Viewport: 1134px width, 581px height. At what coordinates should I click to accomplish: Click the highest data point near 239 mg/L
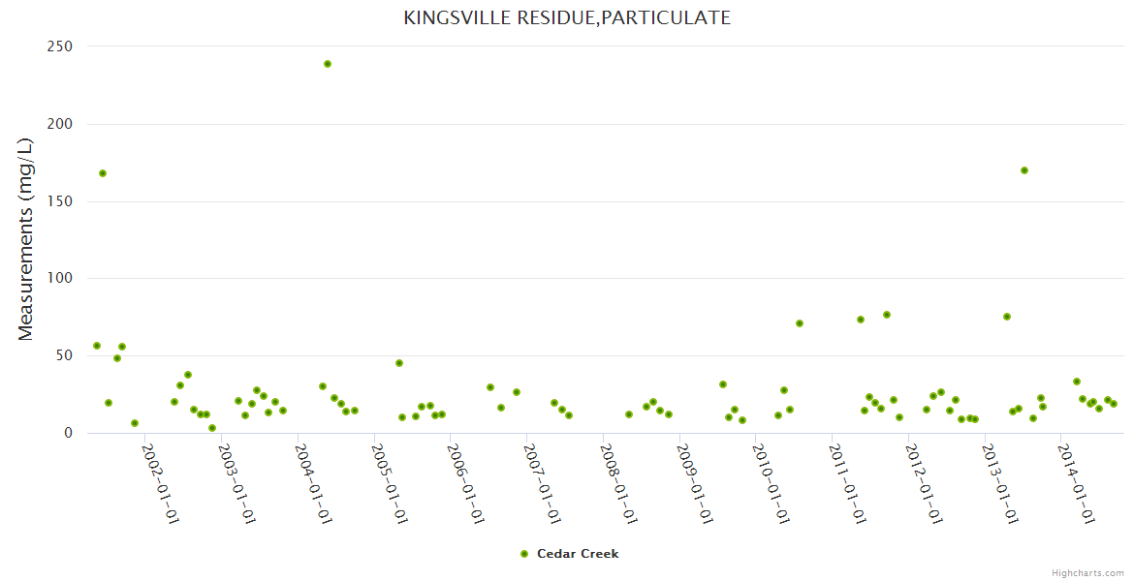pyautogui.click(x=328, y=64)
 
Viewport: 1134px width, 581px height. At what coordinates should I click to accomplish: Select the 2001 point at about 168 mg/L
pyautogui.click(x=103, y=173)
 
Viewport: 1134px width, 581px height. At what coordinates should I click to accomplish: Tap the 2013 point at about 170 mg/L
pyautogui.click(x=1024, y=170)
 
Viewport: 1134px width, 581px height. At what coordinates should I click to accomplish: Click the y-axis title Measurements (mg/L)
pyautogui.click(x=26, y=239)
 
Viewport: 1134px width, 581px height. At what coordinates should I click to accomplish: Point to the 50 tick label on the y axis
pyautogui.click(x=63, y=355)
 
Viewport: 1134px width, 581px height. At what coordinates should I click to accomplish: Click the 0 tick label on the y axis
pyautogui.click(x=68, y=433)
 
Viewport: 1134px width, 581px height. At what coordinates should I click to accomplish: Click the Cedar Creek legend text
pyautogui.click(x=578, y=554)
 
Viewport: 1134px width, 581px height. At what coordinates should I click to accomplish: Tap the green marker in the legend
pyautogui.click(x=524, y=554)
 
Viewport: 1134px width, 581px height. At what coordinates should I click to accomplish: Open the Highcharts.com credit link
pyautogui.click(x=1088, y=572)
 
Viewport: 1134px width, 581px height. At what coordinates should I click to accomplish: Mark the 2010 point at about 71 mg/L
pyautogui.click(x=800, y=323)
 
